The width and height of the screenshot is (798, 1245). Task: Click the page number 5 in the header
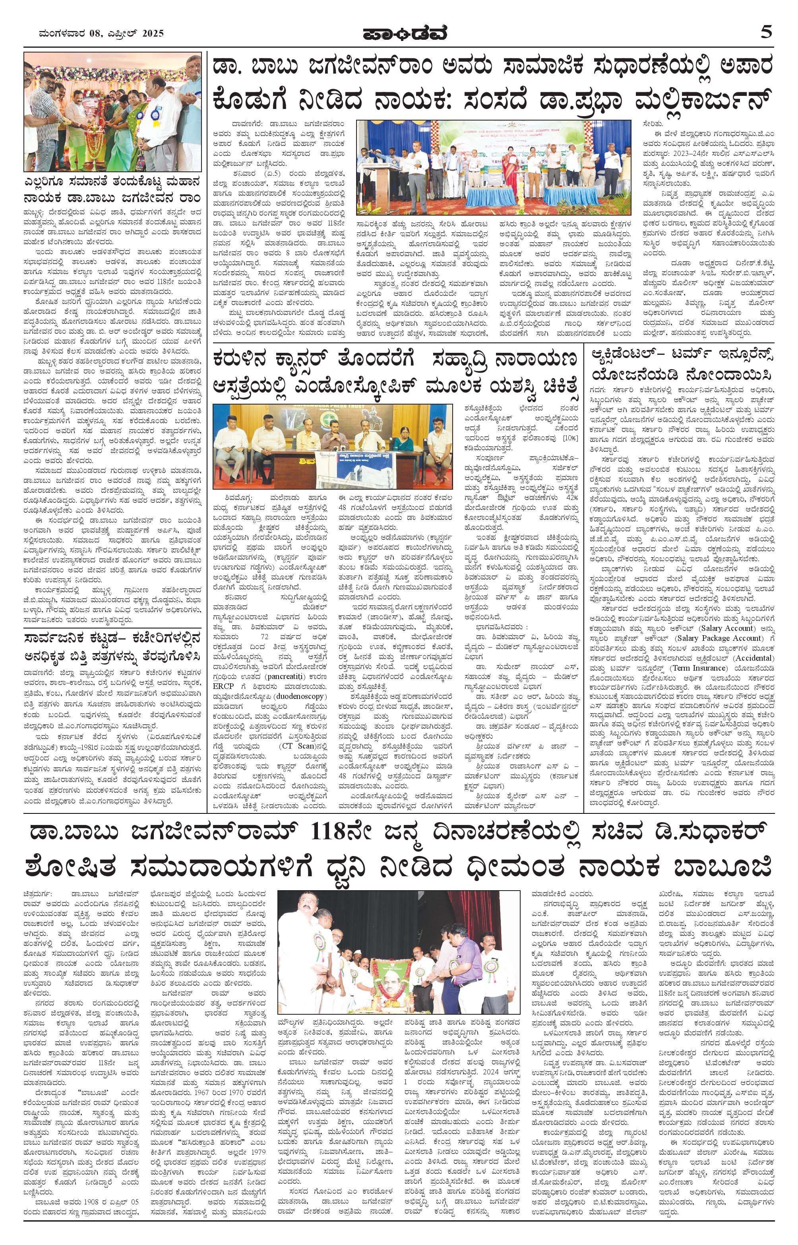point(766,32)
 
